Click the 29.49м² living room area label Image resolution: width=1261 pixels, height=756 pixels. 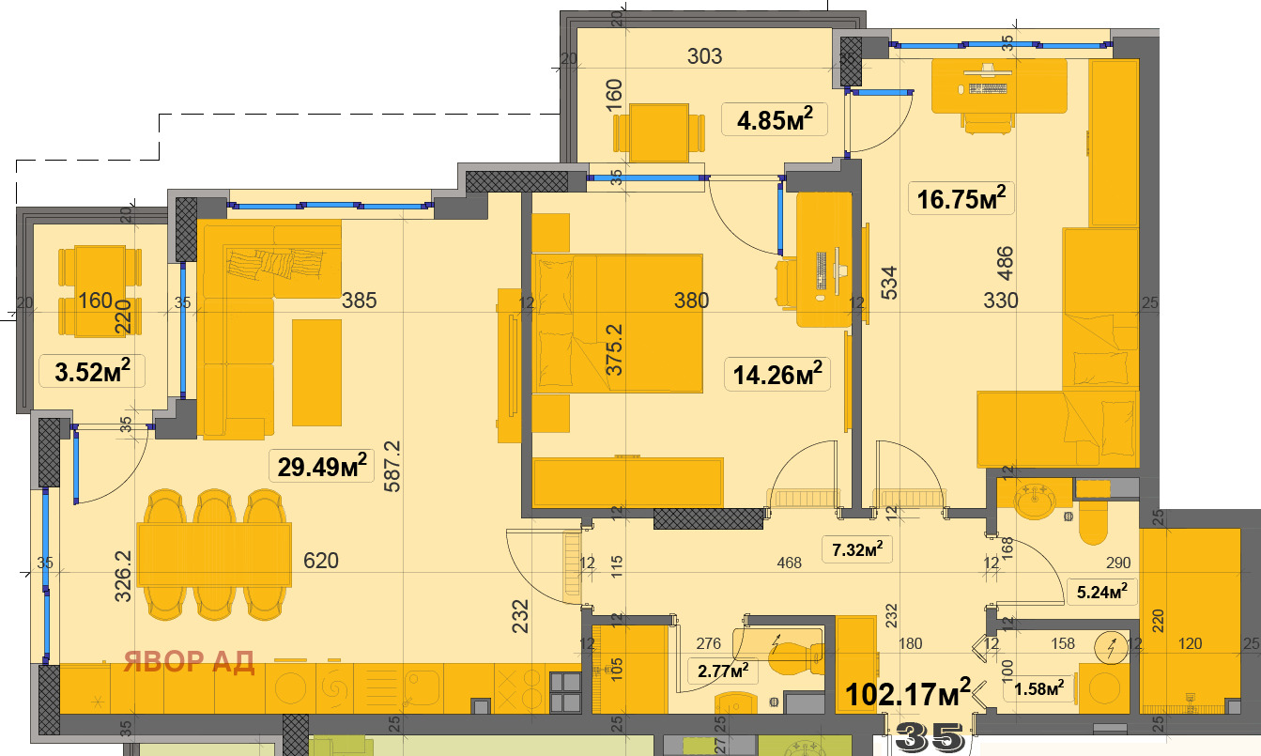pos(322,466)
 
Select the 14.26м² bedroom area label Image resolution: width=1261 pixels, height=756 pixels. pos(777,374)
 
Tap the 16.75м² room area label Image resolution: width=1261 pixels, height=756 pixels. pos(961,198)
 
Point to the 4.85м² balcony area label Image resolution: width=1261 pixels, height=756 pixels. pos(775,119)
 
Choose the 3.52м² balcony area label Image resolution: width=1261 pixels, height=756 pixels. pos(92,371)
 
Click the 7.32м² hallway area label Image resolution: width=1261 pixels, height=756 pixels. pos(857,548)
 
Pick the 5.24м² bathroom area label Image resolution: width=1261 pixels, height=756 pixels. pos(1101,592)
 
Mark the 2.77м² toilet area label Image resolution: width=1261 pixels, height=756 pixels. pos(723,671)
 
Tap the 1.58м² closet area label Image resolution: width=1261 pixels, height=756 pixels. pos(1038,687)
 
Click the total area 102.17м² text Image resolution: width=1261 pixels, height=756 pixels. pos(907,693)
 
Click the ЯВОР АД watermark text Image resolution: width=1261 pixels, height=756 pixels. pos(189,661)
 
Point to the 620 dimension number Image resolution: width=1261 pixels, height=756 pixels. pos(321,561)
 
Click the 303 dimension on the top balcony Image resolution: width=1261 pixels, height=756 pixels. pos(705,56)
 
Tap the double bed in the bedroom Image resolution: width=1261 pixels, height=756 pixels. pos(618,324)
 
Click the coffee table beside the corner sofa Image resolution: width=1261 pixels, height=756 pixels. pos(316,373)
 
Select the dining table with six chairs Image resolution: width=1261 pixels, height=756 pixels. pos(214,554)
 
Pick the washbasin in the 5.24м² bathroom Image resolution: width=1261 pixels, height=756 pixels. pos(1034,500)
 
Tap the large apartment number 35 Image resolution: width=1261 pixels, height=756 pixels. pos(930,738)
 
